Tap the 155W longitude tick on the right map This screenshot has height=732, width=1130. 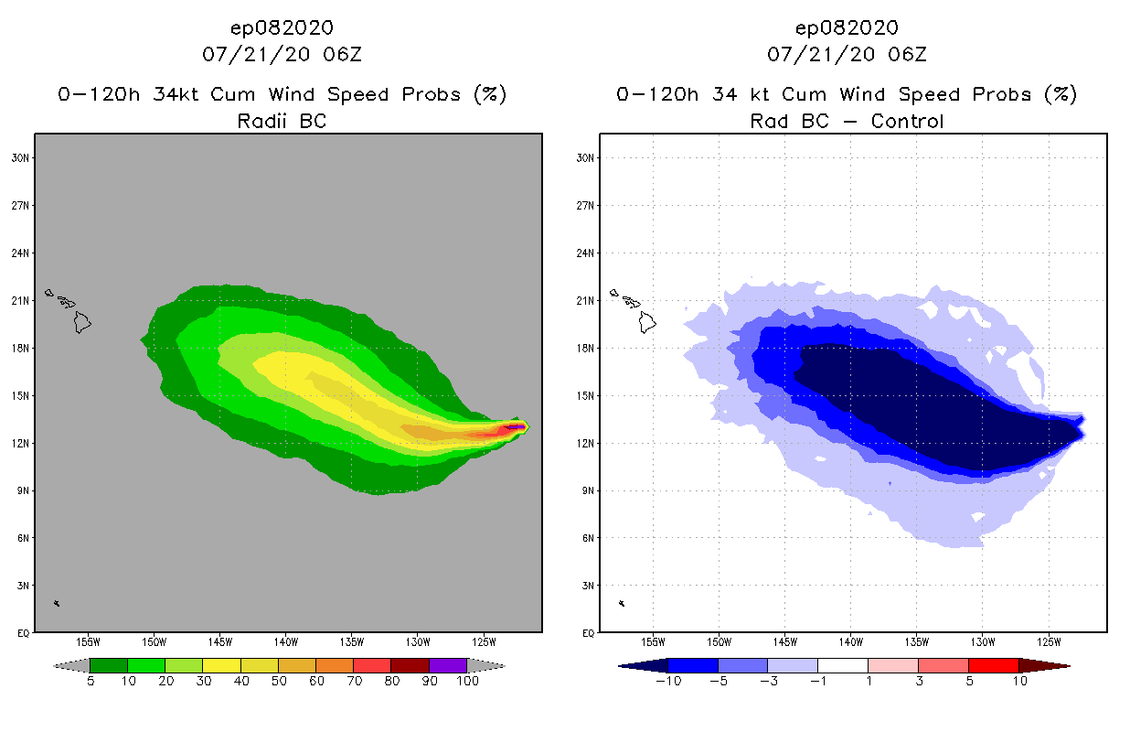(653, 640)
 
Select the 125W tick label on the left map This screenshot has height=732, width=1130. (484, 640)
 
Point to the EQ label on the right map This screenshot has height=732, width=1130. (588, 632)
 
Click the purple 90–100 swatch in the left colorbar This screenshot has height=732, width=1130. (448, 665)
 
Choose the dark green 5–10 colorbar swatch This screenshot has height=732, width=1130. (109, 665)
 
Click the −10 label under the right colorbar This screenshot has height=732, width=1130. (667, 681)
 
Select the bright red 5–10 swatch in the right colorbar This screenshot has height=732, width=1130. (993, 665)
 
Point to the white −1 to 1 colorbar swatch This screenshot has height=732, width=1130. (842, 665)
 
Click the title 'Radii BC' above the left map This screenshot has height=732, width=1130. (282, 121)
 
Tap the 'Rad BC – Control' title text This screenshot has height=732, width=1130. (847, 121)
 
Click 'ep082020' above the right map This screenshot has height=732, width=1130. (847, 28)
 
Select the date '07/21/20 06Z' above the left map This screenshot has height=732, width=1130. (282, 54)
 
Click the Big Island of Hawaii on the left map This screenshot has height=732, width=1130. (83, 322)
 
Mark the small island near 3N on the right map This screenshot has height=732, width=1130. (622, 603)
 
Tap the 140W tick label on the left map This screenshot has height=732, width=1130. (285, 640)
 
